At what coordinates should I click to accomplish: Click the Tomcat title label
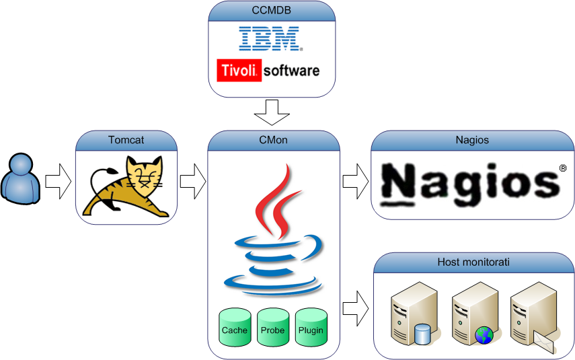click(x=126, y=141)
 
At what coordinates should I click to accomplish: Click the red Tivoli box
click(x=239, y=70)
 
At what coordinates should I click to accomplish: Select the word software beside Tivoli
click(x=291, y=70)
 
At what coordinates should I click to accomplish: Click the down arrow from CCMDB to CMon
click(x=272, y=112)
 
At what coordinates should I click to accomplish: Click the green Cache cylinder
click(x=235, y=328)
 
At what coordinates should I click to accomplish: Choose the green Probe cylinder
click(x=272, y=328)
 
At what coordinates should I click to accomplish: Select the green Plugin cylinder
click(x=311, y=328)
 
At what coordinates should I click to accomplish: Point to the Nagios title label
click(x=471, y=141)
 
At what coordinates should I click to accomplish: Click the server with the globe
click(x=473, y=313)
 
